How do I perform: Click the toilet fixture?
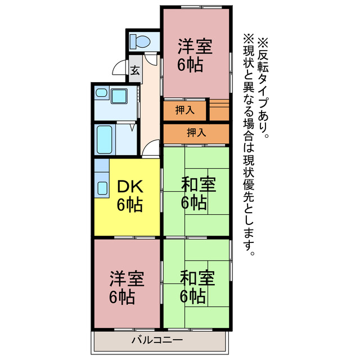tap(139, 40)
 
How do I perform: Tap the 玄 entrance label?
tap(136, 70)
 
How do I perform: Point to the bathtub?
tap(106, 138)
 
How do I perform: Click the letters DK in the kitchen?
tap(129, 186)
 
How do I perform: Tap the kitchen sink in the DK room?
tap(102, 186)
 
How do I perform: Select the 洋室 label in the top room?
tap(195, 46)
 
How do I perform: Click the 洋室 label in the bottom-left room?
tap(127, 278)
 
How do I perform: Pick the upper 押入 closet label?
tap(184, 110)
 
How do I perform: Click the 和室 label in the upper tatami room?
tap(197, 183)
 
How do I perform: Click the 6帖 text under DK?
tap(129, 204)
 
